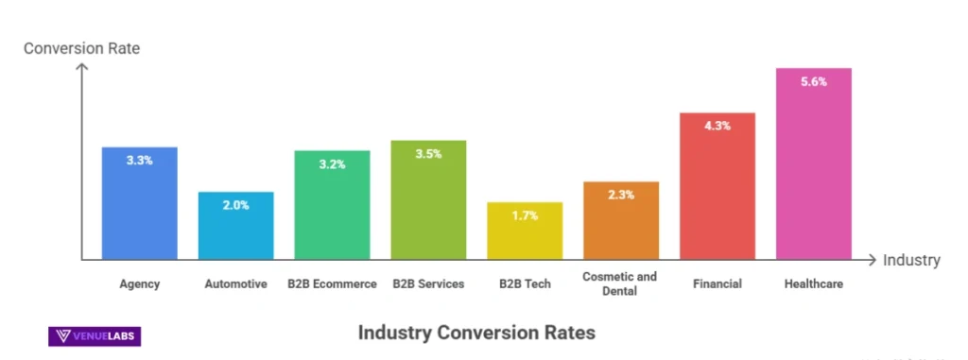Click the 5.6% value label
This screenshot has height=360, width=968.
coord(813,82)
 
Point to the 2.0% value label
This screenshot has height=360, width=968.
coord(235,205)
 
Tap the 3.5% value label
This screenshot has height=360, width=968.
coord(428,154)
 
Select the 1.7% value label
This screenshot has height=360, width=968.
coord(525,215)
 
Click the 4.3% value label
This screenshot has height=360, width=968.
coord(717,127)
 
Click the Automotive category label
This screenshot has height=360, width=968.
coord(235,283)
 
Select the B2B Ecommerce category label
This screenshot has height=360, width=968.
coord(332,283)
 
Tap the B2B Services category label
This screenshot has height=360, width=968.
coord(428,283)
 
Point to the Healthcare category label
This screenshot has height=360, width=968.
coord(813,283)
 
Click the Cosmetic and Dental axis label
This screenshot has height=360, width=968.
coord(621,283)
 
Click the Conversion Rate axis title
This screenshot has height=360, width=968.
coord(81,47)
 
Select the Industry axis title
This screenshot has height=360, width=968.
coord(911,260)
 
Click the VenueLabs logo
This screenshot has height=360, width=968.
coord(94,335)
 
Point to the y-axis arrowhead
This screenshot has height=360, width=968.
coord(82,68)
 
